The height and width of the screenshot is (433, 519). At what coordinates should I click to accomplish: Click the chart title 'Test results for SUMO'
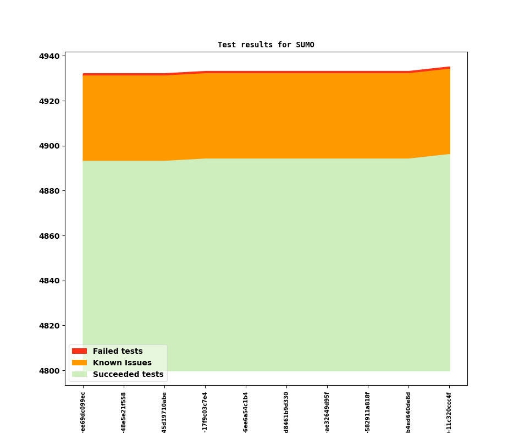pos(266,45)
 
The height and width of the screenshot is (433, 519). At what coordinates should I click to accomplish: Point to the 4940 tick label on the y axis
pos(49,56)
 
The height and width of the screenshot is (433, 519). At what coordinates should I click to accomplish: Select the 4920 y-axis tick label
pos(49,101)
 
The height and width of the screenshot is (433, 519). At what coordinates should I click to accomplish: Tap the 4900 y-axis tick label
pos(49,146)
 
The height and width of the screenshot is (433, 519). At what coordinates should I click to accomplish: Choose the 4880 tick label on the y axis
pos(49,191)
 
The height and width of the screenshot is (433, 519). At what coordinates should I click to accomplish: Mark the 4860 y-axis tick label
pos(49,236)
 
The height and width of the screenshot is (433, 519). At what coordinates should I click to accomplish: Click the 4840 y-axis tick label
pos(49,281)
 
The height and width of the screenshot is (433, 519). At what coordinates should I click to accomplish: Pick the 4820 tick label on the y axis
pos(49,326)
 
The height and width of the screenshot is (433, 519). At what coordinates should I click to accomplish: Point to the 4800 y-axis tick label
pos(49,371)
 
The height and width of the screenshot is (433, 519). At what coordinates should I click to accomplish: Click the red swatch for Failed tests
pos(79,351)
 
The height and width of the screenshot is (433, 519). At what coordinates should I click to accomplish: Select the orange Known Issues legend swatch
pos(79,363)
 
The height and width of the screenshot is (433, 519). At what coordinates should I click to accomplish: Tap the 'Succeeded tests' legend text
pos(128,374)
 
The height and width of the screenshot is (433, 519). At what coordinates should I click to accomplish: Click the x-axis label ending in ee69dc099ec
pos(83,413)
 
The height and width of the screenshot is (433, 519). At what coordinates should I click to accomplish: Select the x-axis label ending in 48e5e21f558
pos(124,413)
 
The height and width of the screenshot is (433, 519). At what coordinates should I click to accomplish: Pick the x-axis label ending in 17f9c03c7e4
pos(205,413)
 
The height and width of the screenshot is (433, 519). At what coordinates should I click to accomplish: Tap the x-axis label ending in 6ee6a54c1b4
pos(246,413)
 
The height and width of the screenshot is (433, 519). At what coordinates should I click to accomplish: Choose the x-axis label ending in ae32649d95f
pos(327,413)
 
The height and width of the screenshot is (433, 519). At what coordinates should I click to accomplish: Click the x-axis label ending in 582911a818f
pos(368,413)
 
